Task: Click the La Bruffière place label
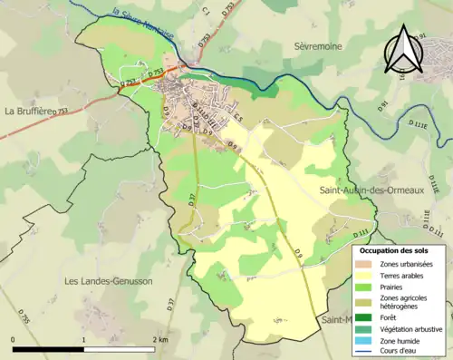coord(30,112)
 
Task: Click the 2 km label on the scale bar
coord(159,339)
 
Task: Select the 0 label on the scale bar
coord(13,339)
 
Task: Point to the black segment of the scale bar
coord(49,349)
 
